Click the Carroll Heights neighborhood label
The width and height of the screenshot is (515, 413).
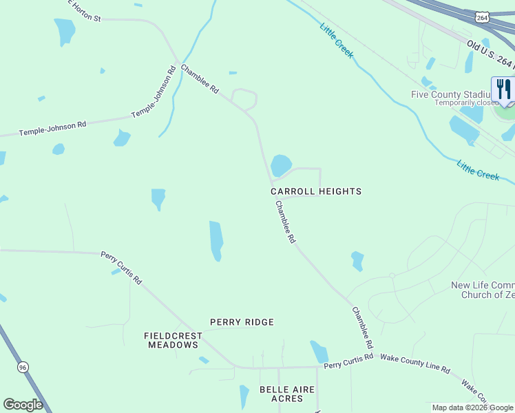click(315, 191)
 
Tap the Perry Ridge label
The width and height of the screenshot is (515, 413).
click(242, 322)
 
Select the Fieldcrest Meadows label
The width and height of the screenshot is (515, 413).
click(173, 340)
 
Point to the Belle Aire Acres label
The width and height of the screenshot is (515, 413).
click(286, 394)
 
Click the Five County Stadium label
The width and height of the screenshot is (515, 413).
click(451, 94)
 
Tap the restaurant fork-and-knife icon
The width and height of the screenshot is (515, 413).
click(503, 89)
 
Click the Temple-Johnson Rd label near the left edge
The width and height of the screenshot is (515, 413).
click(52, 128)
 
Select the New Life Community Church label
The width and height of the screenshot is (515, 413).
click(482, 290)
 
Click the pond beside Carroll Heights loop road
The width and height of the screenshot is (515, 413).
click(281, 165)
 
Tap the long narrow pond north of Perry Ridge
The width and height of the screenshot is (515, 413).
click(216, 241)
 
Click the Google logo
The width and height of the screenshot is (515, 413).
click(23, 405)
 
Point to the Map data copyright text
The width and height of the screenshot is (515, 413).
click(473, 408)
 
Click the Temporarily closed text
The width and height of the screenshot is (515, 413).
click(465, 103)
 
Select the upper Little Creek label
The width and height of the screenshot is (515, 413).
click(337, 41)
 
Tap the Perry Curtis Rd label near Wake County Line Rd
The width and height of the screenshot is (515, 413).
click(348, 359)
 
